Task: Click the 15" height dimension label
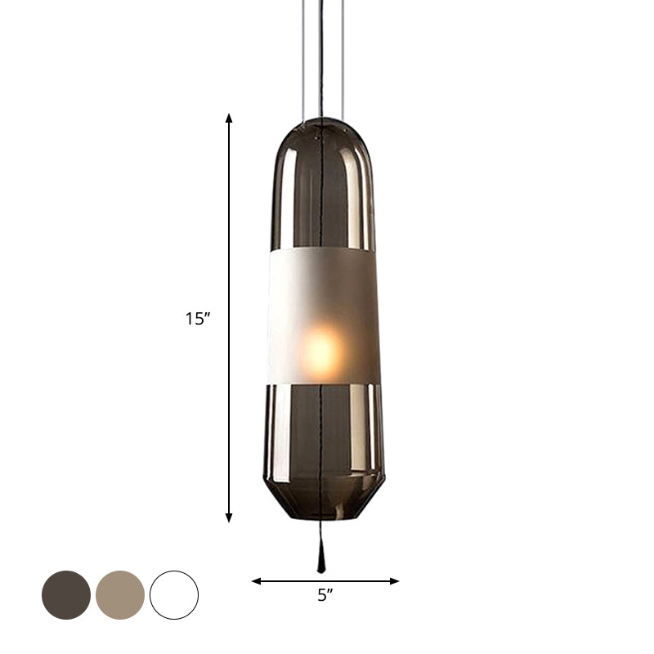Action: click(198, 319)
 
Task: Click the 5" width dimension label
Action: click(325, 597)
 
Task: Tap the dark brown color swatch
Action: click(66, 594)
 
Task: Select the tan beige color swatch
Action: click(120, 594)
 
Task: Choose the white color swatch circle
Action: click(174, 594)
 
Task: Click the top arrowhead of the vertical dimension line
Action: click(229, 119)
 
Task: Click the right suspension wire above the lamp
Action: click(343, 57)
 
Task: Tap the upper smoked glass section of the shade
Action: click(294, 196)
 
